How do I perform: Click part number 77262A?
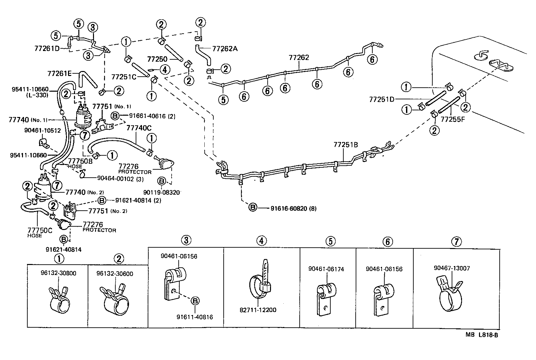pyautogui.click(x=225, y=49)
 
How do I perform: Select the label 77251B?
pyautogui.click(x=346, y=145)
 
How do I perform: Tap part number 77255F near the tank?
pyautogui.click(x=453, y=118)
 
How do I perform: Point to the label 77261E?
pyautogui.click(x=60, y=73)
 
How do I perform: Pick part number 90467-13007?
pyautogui.click(x=452, y=268)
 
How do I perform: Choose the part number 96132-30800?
pyautogui.click(x=58, y=274)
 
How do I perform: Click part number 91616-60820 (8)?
pyautogui.click(x=293, y=209)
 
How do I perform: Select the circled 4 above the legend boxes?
pyautogui.click(x=262, y=240)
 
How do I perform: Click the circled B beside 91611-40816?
pyautogui.click(x=195, y=301)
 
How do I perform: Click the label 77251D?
pyautogui.click(x=382, y=99)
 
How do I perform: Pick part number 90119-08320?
pyautogui.click(x=162, y=192)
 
